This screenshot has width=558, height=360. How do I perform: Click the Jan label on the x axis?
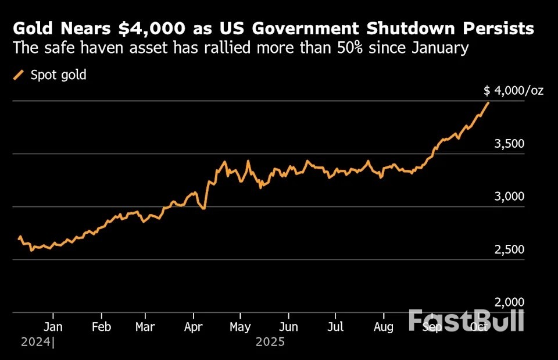click(x=53, y=326)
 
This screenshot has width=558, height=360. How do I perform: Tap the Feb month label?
click(x=102, y=326)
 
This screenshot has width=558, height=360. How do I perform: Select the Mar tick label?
click(x=145, y=326)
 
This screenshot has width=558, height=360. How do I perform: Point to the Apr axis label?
click(x=194, y=326)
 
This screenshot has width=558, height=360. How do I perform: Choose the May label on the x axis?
click(x=240, y=326)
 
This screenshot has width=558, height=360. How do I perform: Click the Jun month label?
click(x=289, y=326)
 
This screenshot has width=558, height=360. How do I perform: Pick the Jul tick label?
click(x=335, y=326)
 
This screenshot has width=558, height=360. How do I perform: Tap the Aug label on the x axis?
click(x=382, y=326)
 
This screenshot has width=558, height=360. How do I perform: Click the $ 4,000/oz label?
click(x=514, y=91)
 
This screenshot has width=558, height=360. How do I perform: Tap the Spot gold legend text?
click(x=59, y=75)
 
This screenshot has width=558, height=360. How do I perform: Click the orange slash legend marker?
click(x=19, y=75)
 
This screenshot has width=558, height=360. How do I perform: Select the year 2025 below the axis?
click(x=270, y=342)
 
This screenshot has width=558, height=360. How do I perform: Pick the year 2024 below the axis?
click(x=35, y=342)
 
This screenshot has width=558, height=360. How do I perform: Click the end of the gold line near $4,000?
click(x=488, y=103)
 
